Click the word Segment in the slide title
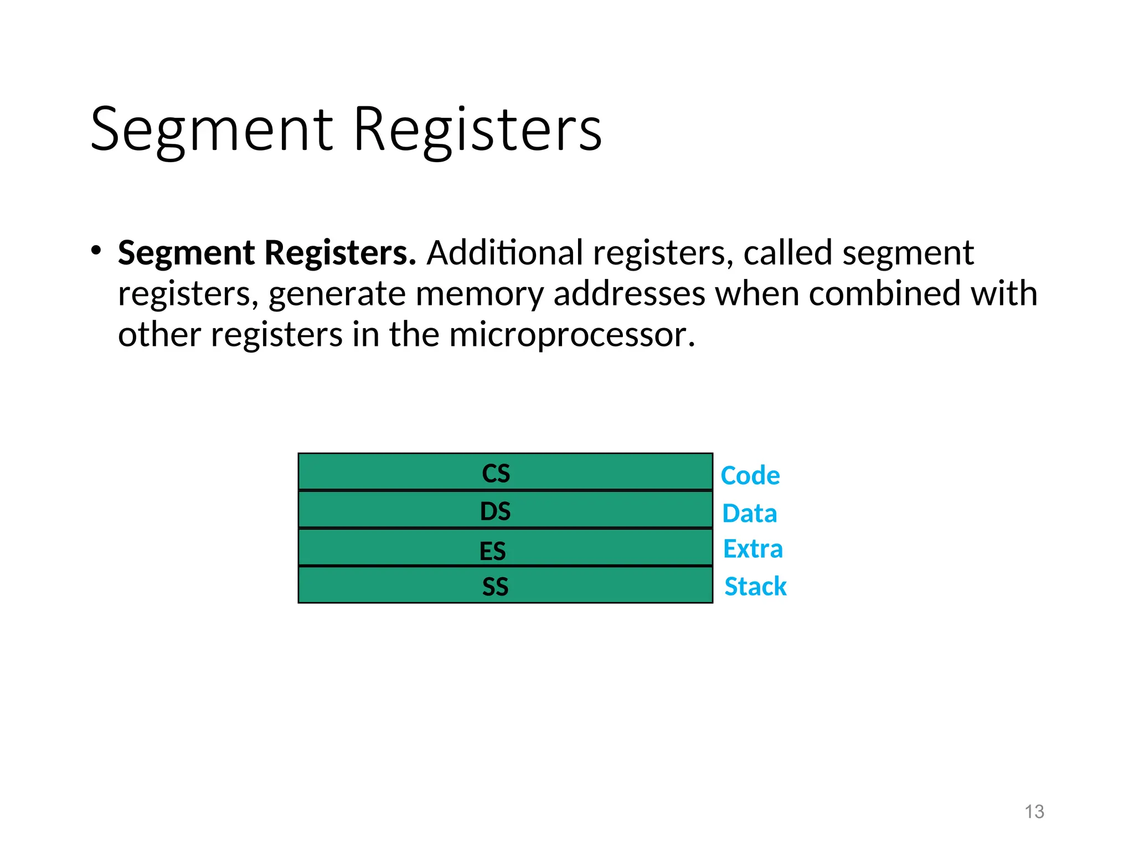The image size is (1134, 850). [212, 130]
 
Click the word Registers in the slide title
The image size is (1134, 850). [477, 130]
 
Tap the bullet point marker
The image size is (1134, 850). [96, 250]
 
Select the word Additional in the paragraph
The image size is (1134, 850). [504, 253]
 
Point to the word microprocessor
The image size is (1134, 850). [571, 335]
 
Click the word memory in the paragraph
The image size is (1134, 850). [480, 294]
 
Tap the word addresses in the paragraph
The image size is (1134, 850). [629, 294]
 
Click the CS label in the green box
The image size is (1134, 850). [496, 474]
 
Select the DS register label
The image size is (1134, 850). [495, 511]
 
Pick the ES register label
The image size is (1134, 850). [492, 551]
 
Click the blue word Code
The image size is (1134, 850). [750, 476]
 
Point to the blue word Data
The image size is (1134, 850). [749, 514]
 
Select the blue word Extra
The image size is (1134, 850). [752, 549]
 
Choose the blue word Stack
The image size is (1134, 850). [755, 587]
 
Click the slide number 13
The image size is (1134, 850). [1034, 812]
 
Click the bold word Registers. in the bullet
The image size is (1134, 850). [340, 253]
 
